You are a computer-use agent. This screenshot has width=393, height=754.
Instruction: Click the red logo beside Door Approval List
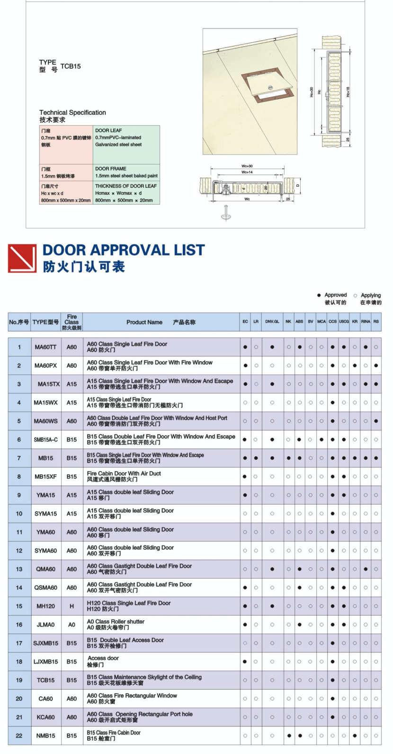pyautogui.click(x=22, y=258)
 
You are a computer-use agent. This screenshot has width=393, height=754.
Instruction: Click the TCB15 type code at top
pyautogui.click(x=71, y=66)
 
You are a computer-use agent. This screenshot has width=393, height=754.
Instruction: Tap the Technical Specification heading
pyautogui.click(x=72, y=113)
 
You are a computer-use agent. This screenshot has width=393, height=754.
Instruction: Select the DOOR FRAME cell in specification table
pyautogui.click(x=126, y=172)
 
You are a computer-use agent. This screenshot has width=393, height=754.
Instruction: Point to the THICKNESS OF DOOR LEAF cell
pyautogui.click(x=126, y=193)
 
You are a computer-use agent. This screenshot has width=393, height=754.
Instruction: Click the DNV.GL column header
pyautogui.click(x=272, y=322)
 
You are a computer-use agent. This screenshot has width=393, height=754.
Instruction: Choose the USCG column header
pyautogui.click(x=344, y=322)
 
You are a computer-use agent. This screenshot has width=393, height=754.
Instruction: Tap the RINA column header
pyautogui.click(x=366, y=322)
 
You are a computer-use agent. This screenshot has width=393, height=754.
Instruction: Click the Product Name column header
pyautogui.click(x=161, y=322)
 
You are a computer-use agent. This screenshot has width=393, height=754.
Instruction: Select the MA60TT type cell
pyautogui.click(x=45, y=347)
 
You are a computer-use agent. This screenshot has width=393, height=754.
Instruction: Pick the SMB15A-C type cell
pyautogui.click(x=45, y=440)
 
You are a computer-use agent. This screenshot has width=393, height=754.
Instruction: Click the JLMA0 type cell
pyautogui.click(x=45, y=625)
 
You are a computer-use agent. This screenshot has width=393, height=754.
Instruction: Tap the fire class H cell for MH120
pyautogui.click(x=71, y=606)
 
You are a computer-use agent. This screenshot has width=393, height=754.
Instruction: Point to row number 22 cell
pyautogui.click(x=19, y=736)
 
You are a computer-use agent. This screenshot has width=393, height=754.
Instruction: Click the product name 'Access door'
pyautogui.click(x=103, y=658)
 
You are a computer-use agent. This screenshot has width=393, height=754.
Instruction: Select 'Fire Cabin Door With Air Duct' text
pyautogui.click(x=124, y=473)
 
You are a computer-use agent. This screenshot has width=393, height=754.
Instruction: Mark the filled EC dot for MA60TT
pyautogui.click(x=245, y=347)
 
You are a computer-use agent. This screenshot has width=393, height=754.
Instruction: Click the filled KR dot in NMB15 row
pyautogui.click(x=355, y=736)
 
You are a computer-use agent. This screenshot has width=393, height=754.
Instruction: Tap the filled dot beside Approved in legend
pyautogui.click(x=319, y=295)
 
